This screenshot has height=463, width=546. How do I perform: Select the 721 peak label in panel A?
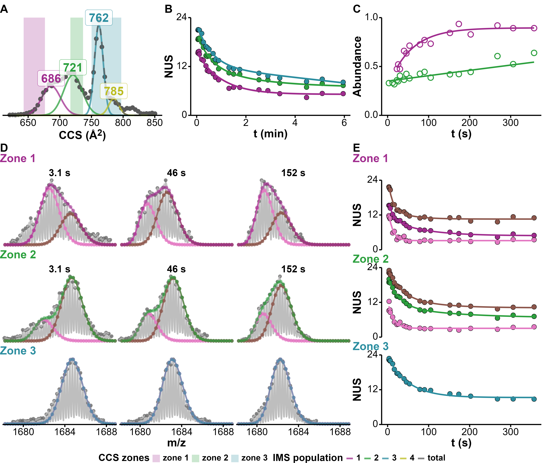click(x=73, y=67)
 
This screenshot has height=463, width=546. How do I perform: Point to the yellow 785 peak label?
click(x=114, y=91)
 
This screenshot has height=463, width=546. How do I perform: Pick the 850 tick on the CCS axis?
click(x=155, y=123)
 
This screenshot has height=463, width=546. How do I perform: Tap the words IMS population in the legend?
click(x=308, y=458)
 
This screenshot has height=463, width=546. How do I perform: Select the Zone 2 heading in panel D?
click(x=18, y=255)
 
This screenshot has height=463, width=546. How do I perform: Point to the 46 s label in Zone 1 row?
click(x=176, y=173)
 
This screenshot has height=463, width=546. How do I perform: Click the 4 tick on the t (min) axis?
click(x=295, y=123)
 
